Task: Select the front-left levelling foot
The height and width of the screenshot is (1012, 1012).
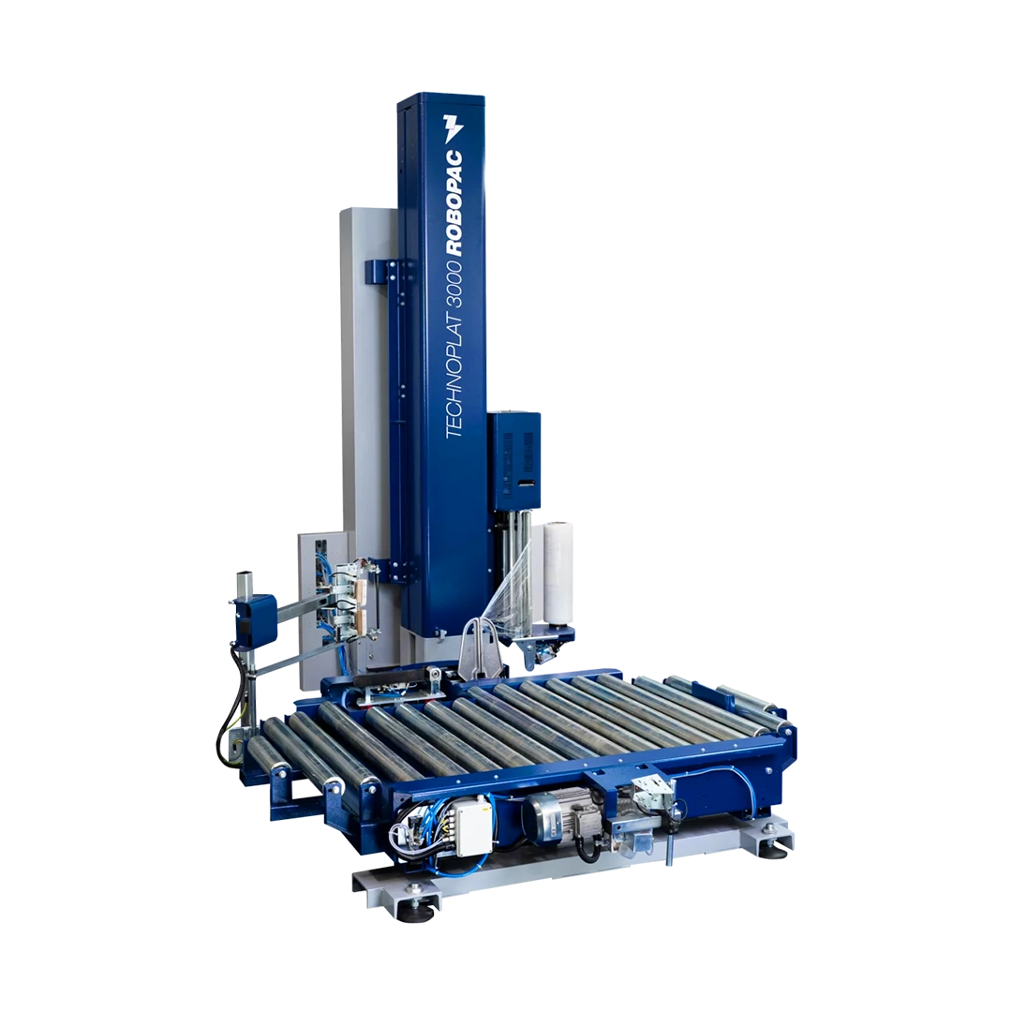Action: [x=409, y=913]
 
